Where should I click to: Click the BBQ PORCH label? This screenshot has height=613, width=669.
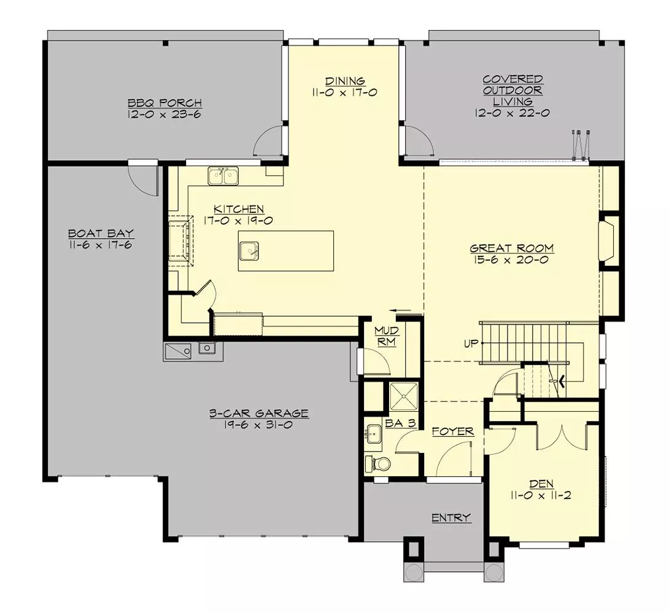tap(164, 102)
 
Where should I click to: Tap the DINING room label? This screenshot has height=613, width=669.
tap(345, 81)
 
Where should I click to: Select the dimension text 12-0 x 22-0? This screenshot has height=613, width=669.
tap(511, 113)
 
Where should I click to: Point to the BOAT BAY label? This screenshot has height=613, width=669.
tap(101, 233)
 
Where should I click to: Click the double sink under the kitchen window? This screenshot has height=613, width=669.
tap(223, 177)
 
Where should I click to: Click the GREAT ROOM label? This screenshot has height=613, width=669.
tap(512, 249)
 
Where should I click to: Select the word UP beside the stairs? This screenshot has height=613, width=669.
tap(471, 343)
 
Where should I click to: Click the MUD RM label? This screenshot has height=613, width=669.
tap(387, 336)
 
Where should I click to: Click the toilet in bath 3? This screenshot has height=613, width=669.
tap(375, 463)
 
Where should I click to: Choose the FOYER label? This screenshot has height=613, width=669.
tap(453, 431)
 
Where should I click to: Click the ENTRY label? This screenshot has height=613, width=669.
tap(451, 518)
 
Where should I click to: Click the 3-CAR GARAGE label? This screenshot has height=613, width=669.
tap(258, 414)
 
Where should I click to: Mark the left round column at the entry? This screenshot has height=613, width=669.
tap(413, 573)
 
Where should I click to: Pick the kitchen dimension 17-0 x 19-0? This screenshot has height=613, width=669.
tap(239, 220)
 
